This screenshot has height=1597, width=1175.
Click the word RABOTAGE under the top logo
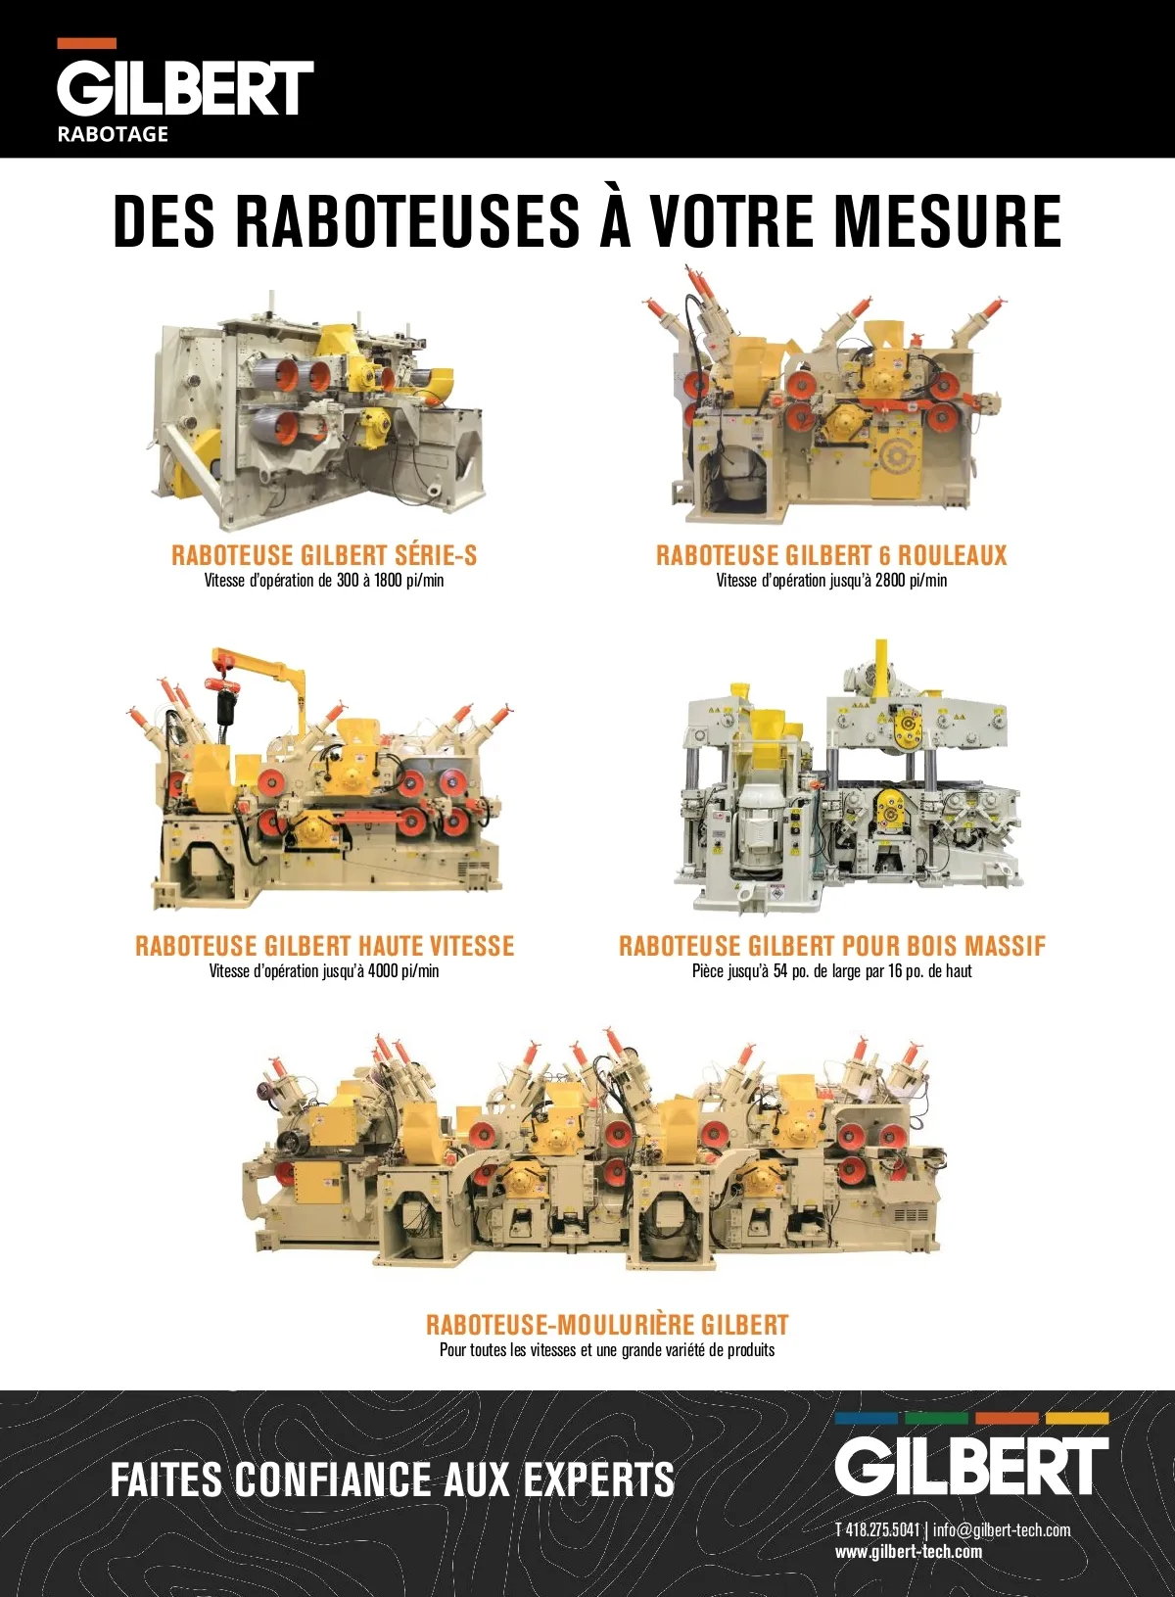coord(113,134)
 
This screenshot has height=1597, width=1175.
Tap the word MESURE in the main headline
coord(948,221)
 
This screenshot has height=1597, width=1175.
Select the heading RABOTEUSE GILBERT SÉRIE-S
coord(324,554)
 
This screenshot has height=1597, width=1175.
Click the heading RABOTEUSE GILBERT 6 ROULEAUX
coord(831,554)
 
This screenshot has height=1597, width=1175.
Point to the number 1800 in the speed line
coord(390,581)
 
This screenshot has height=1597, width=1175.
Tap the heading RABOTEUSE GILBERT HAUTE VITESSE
coord(324,945)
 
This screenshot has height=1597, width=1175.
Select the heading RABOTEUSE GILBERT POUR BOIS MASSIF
coord(832,945)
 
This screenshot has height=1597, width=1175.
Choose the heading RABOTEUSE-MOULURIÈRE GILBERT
coord(607,1325)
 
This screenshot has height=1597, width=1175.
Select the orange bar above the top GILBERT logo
coord(86,43)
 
